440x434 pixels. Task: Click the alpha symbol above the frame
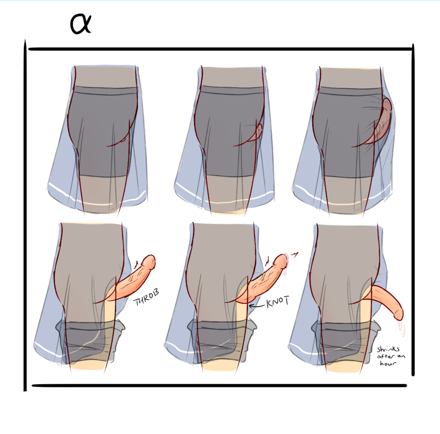pyautogui.click(x=81, y=24)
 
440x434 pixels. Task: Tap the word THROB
pyautogui.click(x=146, y=297)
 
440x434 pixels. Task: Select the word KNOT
pyautogui.click(x=278, y=302)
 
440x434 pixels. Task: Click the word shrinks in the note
pyautogui.click(x=388, y=349)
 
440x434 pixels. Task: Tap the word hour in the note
pyautogui.click(x=388, y=363)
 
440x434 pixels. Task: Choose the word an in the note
pyautogui.click(x=401, y=357)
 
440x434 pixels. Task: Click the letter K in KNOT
pyautogui.click(x=269, y=303)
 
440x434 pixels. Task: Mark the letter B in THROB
pyautogui.click(x=156, y=292)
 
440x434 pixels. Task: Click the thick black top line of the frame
pyautogui.click(x=220, y=49)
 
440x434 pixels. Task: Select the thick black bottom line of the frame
pyautogui.click(x=219, y=386)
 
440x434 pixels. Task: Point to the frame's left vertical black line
pyautogui.click(x=25, y=215)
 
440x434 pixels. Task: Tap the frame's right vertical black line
pyautogui.click(x=413, y=210)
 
